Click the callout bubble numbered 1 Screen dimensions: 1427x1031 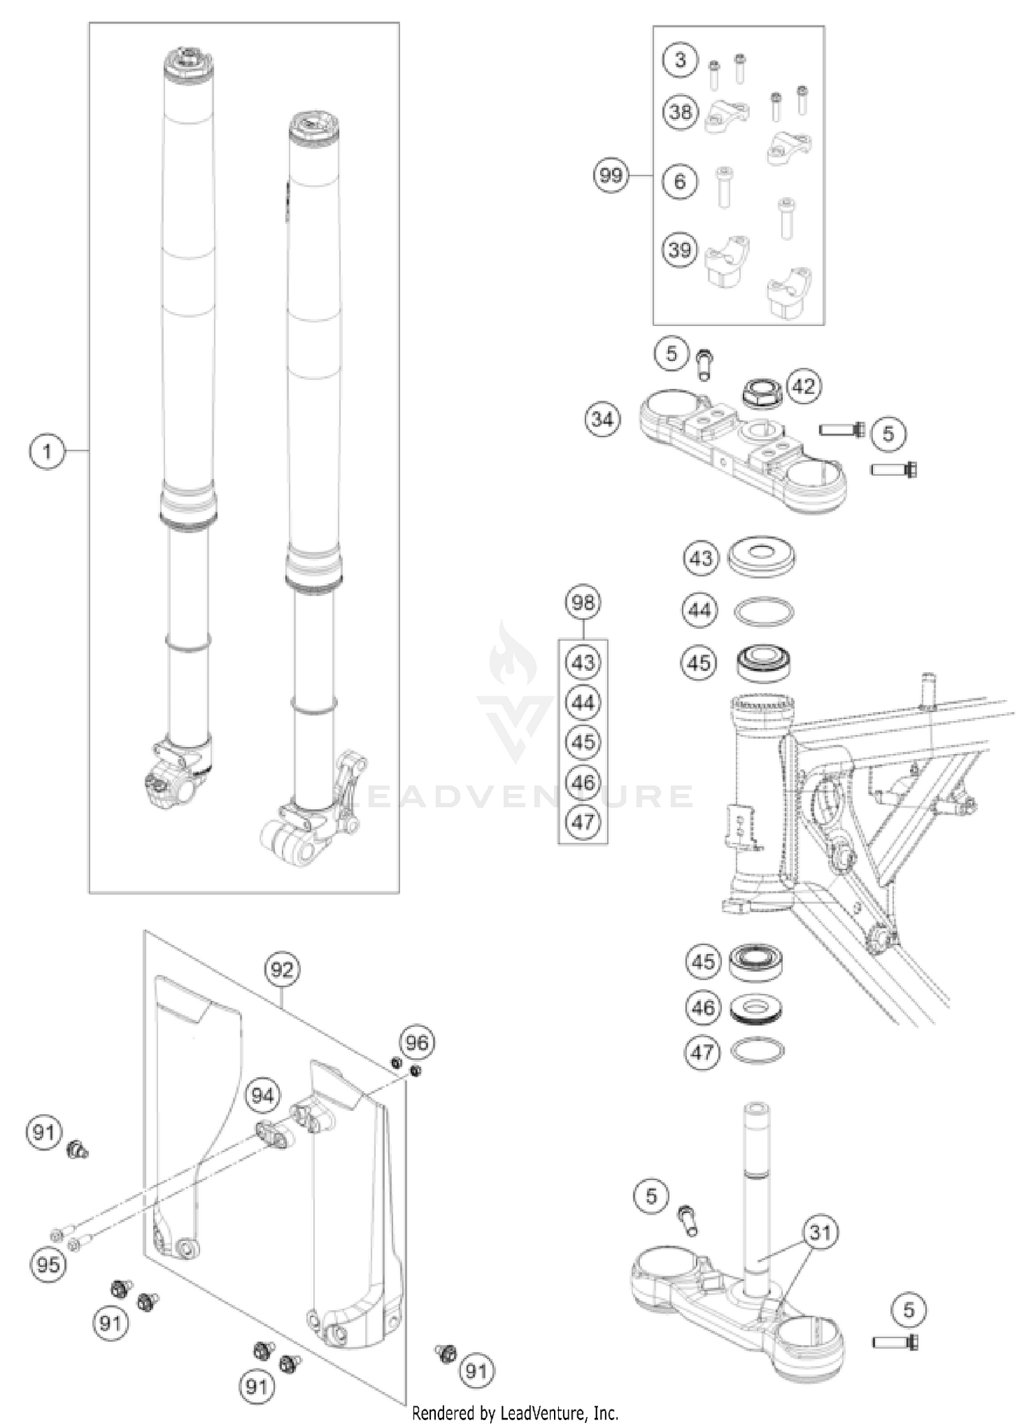pyautogui.click(x=47, y=452)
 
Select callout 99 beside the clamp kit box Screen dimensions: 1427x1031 pyautogui.click(x=611, y=175)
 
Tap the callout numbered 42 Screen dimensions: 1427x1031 pyautogui.click(x=803, y=386)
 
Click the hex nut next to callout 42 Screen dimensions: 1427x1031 pyautogui.click(x=762, y=394)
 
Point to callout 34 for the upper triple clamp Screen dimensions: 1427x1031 pyautogui.click(x=602, y=419)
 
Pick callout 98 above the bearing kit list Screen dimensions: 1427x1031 pyautogui.click(x=583, y=603)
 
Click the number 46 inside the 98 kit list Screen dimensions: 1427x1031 pyautogui.click(x=583, y=782)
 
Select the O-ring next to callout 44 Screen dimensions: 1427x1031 pyautogui.click(x=764, y=611)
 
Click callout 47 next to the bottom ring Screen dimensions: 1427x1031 pyautogui.click(x=702, y=1052)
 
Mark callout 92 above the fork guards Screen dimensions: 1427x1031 pyautogui.click(x=282, y=970)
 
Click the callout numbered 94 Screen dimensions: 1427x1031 pyautogui.click(x=263, y=1096)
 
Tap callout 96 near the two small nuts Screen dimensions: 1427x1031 pyautogui.click(x=417, y=1043)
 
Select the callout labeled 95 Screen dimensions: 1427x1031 pyautogui.click(x=48, y=1265)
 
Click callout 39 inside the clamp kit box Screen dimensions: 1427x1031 pyautogui.click(x=680, y=250)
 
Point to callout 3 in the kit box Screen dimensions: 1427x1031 pyautogui.click(x=680, y=60)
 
